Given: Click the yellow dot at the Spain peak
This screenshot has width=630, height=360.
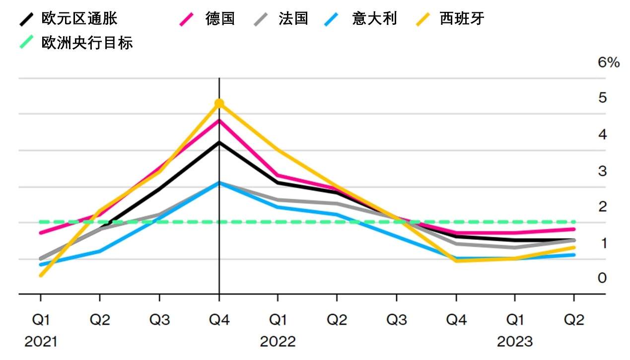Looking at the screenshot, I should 219,103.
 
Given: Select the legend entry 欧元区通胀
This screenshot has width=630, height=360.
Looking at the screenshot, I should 79,19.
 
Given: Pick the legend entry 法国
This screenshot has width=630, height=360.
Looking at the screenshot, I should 293,19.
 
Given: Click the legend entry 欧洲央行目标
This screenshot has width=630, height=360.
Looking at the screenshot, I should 87,43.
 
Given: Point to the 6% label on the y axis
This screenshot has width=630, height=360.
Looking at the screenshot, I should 609,63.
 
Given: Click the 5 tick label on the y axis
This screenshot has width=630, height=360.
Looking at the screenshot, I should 602,98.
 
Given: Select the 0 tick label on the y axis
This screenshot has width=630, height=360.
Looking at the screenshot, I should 602,278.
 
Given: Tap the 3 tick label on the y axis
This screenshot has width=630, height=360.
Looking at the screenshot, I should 602,171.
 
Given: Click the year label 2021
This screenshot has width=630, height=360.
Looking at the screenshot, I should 41,342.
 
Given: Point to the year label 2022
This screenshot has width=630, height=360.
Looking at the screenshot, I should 278,342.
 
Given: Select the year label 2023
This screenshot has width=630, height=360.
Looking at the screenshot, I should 515,342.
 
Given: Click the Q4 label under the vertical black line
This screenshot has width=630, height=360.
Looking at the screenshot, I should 219,320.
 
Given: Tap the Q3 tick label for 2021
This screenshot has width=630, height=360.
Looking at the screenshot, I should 159,320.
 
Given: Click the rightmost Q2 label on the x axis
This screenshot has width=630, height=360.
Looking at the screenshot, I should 574,320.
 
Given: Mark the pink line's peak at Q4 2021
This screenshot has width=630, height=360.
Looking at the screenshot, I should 219,120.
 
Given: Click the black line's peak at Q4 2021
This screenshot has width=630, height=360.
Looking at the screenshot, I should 219,143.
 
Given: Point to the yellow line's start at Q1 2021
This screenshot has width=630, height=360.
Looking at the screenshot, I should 40,275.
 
